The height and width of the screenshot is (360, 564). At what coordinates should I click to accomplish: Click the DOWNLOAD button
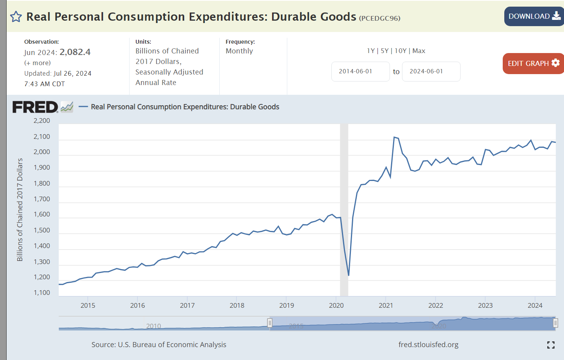(534, 16)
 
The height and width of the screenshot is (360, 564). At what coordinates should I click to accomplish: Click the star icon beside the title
(16, 17)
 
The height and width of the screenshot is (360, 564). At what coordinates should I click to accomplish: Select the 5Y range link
(384, 51)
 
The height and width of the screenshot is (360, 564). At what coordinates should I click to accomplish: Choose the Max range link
(419, 51)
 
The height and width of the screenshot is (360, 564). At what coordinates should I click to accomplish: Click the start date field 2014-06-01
(360, 71)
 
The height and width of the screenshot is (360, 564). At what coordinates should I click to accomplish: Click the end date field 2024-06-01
(431, 71)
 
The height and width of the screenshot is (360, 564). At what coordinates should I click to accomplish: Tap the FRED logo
(35, 107)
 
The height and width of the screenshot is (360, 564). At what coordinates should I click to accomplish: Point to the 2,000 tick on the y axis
(42, 152)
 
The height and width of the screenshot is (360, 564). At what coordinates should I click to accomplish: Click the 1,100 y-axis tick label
(42, 293)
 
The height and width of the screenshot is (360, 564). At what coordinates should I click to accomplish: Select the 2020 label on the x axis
(336, 305)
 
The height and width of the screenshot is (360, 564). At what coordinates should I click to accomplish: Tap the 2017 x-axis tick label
(187, 305)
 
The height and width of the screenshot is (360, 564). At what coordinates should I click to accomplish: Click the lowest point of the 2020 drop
(349, 275)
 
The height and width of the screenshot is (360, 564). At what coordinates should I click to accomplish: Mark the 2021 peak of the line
(394, 137)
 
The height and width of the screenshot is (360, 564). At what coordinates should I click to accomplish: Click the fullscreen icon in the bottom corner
(551, 345)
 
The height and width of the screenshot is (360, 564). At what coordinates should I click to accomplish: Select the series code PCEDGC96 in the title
(379, 18)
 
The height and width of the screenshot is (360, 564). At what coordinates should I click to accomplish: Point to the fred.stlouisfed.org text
(428, 345)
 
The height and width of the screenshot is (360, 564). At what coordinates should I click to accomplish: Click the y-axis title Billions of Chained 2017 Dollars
(20, 209)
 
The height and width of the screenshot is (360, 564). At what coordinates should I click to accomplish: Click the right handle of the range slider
(555, 323)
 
